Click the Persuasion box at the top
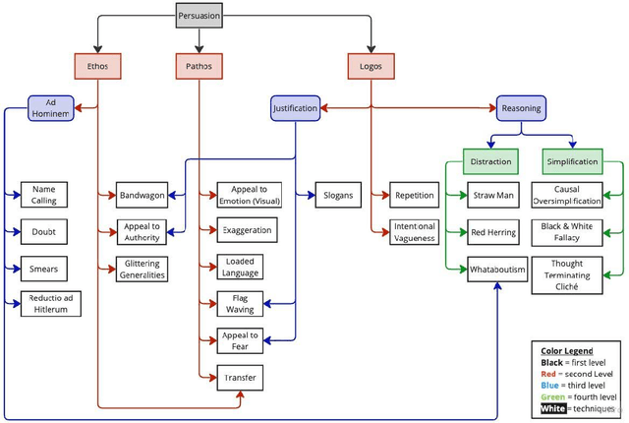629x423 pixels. point(200,16)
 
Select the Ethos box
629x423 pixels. point(98,66)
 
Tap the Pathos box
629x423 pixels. point(200,66)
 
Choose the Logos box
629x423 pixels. point(372,66)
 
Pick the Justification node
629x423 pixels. point(295,107)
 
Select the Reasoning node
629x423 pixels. point(520,107)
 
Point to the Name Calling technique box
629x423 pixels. point(44,195)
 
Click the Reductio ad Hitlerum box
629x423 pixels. point(50,304)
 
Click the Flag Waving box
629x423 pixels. point(241,304)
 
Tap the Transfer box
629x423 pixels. point(240,377)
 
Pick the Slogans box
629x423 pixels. point(339,195)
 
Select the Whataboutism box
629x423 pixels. point(497,269)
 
